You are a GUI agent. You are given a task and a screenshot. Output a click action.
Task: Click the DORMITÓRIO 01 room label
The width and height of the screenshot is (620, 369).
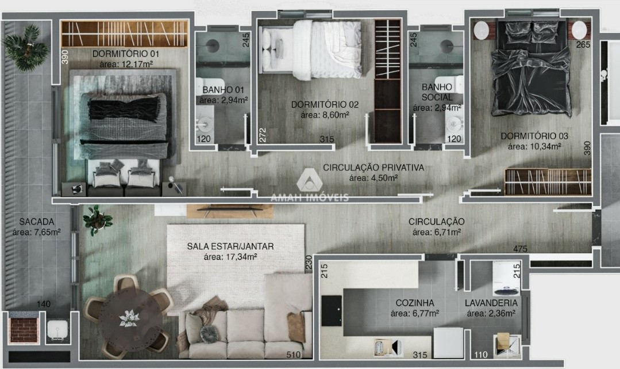click(126, 54)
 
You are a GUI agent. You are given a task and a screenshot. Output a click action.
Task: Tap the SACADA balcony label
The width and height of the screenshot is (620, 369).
click(37, 222)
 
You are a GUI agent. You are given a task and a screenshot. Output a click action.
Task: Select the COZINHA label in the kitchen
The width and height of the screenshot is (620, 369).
click(415, 303)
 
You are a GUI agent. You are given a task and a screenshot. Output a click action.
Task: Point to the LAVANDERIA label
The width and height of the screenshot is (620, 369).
click(491, 303)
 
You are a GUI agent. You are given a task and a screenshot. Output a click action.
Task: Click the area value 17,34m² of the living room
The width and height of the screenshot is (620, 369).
click(230, 257)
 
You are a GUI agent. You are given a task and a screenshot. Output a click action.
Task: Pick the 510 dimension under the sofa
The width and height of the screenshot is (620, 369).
click(294, 355)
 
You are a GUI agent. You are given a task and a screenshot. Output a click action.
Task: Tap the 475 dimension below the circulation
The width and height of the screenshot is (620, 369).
click(521, 249)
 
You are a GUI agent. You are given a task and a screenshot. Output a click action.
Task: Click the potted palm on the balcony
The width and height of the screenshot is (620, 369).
click(26, 48)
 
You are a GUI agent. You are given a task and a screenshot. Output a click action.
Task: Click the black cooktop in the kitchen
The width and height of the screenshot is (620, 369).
click(332, 311)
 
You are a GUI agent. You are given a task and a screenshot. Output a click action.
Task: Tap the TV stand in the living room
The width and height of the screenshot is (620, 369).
click(230, 211)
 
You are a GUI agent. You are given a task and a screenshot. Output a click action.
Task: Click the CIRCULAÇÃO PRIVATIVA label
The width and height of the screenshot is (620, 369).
click(373, 168)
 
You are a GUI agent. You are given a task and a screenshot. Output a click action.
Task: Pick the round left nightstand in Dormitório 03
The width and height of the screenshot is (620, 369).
click(482, 30)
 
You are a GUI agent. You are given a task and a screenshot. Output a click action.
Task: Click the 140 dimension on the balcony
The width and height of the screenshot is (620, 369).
click(44, 304)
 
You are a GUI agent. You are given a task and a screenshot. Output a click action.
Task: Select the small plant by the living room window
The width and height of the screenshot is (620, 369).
click(97, 220)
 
